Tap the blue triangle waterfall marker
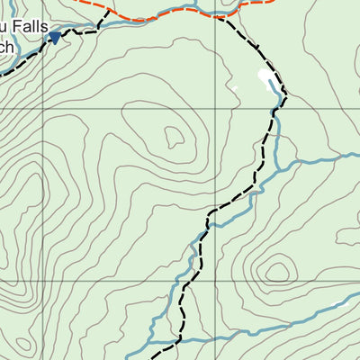click(55, 37)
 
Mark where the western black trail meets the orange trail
click(110, 11)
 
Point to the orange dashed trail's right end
click(274, 2)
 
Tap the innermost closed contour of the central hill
click(174, 137)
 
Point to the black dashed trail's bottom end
click(151, 345)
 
